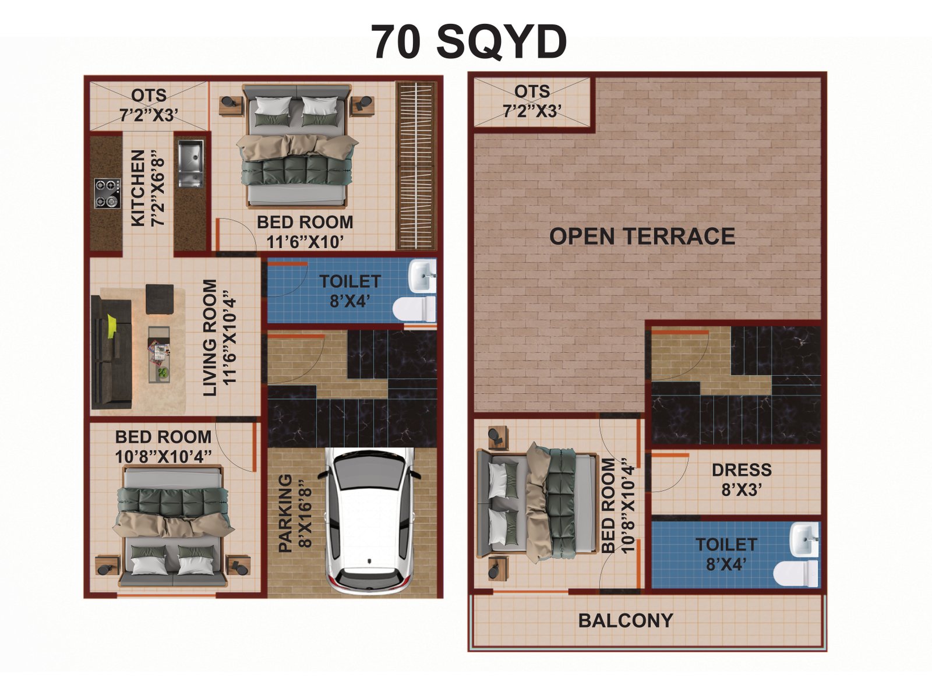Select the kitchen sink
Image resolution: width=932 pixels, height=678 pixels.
tap(190, 163)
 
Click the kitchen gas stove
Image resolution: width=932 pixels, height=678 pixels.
tap(107, 193)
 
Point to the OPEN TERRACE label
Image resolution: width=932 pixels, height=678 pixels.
tap(642, 236)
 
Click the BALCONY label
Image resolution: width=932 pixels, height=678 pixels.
tap(626, 621)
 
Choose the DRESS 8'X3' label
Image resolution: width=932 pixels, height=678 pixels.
tap(742, 480)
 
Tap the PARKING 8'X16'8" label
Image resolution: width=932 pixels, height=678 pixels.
tap(295, 514)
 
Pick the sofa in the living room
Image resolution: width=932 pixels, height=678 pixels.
tap(111, 352)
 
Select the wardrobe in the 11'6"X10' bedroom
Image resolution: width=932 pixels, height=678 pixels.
tap(416, 165)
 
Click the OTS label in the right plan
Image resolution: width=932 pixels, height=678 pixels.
tap(532, 91)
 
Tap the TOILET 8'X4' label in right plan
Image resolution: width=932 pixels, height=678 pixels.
tap(726, 555)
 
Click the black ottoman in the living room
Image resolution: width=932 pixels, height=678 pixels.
tap(160, 299)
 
